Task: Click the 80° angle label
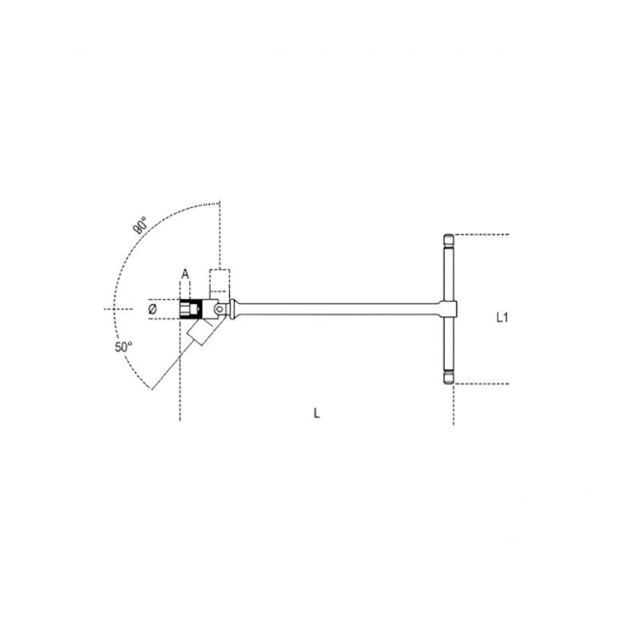coord(141,226)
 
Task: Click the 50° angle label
coord(122,348)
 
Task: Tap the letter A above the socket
coord(184,275)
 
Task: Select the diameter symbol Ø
coord(152,310)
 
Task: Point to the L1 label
coord(502,317)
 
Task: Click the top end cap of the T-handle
coord(449,240)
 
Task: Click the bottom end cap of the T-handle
coord(449,379)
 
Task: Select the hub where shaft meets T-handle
coord(449,310)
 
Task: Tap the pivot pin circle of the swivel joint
coord(220,310)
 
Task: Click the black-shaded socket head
coord(192,310)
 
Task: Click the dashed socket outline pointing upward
coord(220,282)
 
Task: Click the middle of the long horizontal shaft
coord(340,310)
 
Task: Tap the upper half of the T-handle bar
coord(449,272)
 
